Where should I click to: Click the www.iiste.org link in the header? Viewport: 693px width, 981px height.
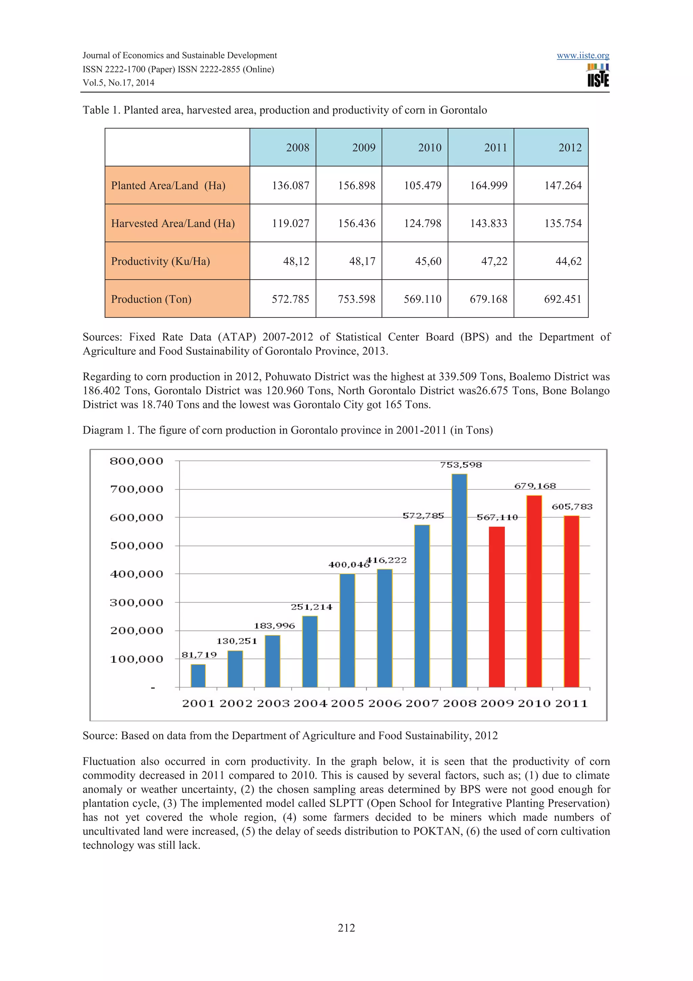pyautogui.click(x=582, y=56)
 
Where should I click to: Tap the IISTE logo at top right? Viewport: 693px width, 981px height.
pyautogui.click(x=598, y=75)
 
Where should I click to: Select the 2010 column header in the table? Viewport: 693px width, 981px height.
pyautogui.click(x=429, y=147)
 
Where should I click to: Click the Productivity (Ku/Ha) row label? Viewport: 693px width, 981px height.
pyautogui.click(x=160, y=261)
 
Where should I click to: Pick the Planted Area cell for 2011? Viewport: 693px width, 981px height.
pyautogui.click(x=489, y=186)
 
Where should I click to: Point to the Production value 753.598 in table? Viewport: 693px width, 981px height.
pyautogui.click(x=357, y=299)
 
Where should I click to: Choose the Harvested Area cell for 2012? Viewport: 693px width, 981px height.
pyautogui.click(x=562, y=223)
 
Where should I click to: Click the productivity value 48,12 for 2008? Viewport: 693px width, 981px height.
pyautogui.click(x=296, y=261)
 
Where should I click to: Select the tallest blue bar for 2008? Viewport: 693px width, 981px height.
pyautogui.click(x=460, y=581)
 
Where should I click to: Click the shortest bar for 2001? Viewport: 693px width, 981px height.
pyautogui.click(x=198, y=676)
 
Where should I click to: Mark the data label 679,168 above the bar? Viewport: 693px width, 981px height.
pyautogui.click(x=535, y=486)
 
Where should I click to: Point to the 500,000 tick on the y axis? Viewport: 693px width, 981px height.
pyautogui.click(x=137, y=546)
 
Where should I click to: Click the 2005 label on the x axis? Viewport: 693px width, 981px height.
pyautogui.click(x=347, y=704)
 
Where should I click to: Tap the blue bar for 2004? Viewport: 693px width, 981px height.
pyautogui.click(x=310, y=652)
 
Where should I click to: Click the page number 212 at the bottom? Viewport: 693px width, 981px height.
pyautogui.click(x=346, y=928)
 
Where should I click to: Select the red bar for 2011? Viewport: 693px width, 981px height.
pyautogui.click(x=571, y=602)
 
